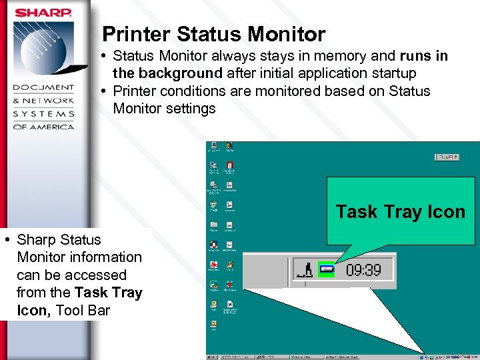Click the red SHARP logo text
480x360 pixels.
(x=43, y=12)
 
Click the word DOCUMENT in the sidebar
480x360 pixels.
(x=44, y=88)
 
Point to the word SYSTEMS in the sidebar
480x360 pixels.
(x=44, y=113)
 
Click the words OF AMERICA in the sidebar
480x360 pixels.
(x=44, y=126)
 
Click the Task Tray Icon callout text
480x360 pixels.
(x=400, y=212)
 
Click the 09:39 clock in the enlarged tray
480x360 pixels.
(x=363, y=270)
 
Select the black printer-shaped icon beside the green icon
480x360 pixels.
(x=306, y=270)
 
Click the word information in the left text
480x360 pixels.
(x=100, y=257)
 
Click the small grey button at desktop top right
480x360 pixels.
(x=447, y=157)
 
